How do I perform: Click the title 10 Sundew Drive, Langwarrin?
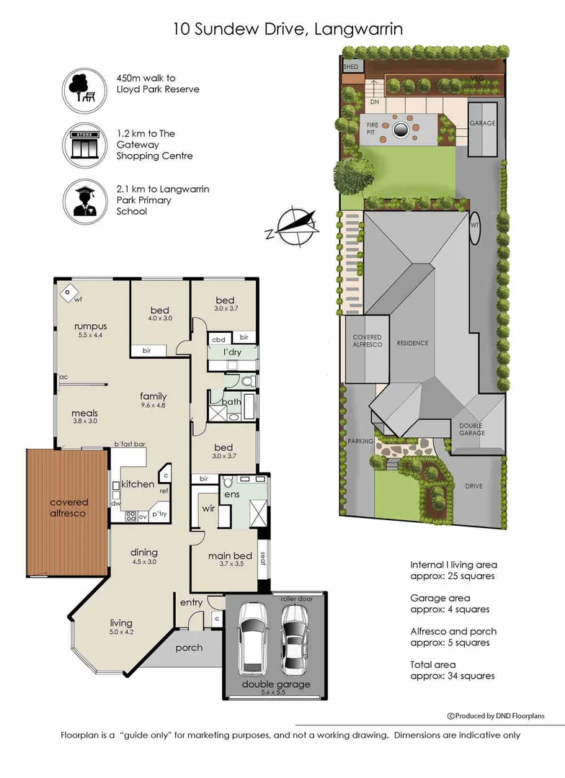pos(288,29)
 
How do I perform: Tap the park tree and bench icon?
pos(85,89)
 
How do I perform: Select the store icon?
pos(85,145)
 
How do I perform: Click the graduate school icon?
pos(85,200)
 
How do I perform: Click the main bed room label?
pos(230,556)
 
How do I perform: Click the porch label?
pos(189,648)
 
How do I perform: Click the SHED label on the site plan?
pos(351,67)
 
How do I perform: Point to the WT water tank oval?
pos(475,223)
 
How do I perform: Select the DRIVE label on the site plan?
pos(473,486)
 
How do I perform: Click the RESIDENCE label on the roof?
pos(412,343)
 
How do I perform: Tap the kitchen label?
pos(138,484)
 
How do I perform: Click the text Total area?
pos(432,664)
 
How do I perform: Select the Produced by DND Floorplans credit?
pos(496,715)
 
